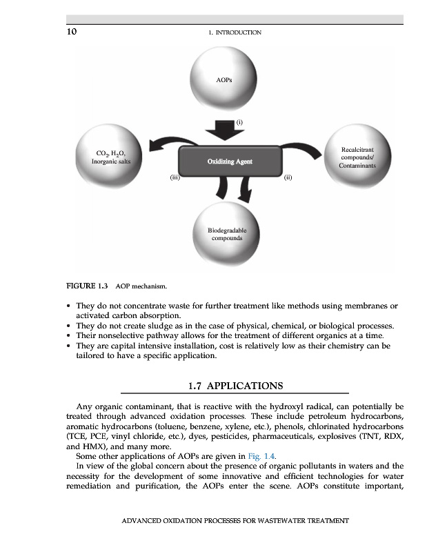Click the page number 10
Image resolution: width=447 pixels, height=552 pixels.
71,32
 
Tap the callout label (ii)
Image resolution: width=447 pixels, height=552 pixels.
288,177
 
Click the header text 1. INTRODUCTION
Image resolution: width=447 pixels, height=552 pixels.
238,32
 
